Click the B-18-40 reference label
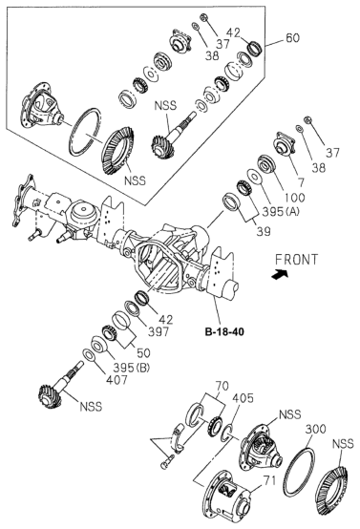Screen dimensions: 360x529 coord(224,331)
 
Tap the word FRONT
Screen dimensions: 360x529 coord(297,260)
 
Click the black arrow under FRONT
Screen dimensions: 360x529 coord(280,274)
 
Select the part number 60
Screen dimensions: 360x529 coord(292,38)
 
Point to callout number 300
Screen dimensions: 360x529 coord(315,429)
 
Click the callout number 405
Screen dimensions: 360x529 coord(243,398)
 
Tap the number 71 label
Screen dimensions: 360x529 coord(269,480)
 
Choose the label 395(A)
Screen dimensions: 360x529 coord(281,212)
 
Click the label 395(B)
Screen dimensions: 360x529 coord(131,368)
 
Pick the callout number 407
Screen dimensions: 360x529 coord(116,380)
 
